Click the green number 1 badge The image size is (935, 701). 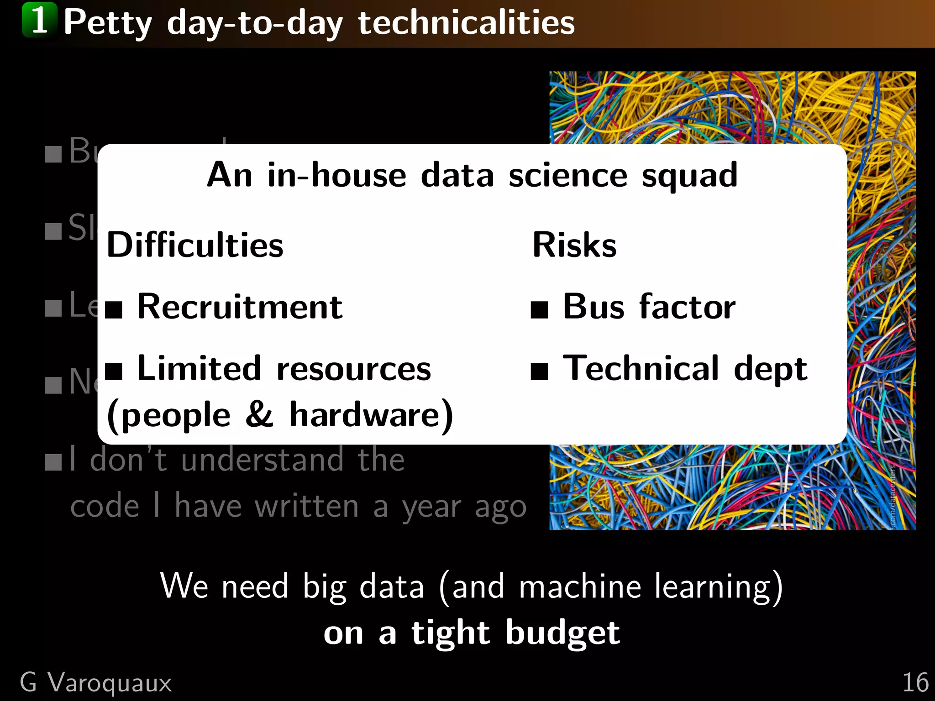pyautogui.click(x=40, y=20)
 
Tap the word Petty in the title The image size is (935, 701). pyautogui.click(x=108, y=23)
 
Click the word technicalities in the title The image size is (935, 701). pyautogui.click(x=466, y=23)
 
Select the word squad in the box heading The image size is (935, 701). pyautogui.click(x=689, y=176)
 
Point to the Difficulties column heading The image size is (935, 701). pyautogui.click(x=195, y=245)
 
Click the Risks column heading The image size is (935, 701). pyautogui.click(x=574, y=245)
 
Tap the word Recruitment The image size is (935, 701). pyautogui.click(x=240, y=307)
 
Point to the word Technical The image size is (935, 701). pyautogui.click(x=641, y=369)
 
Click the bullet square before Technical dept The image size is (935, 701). pyautogui.click(x=539, y=371)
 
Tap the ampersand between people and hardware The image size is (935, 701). pyautogui.click(x=259, y=414)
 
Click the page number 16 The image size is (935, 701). pyautogui.click(x=915, y=683)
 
